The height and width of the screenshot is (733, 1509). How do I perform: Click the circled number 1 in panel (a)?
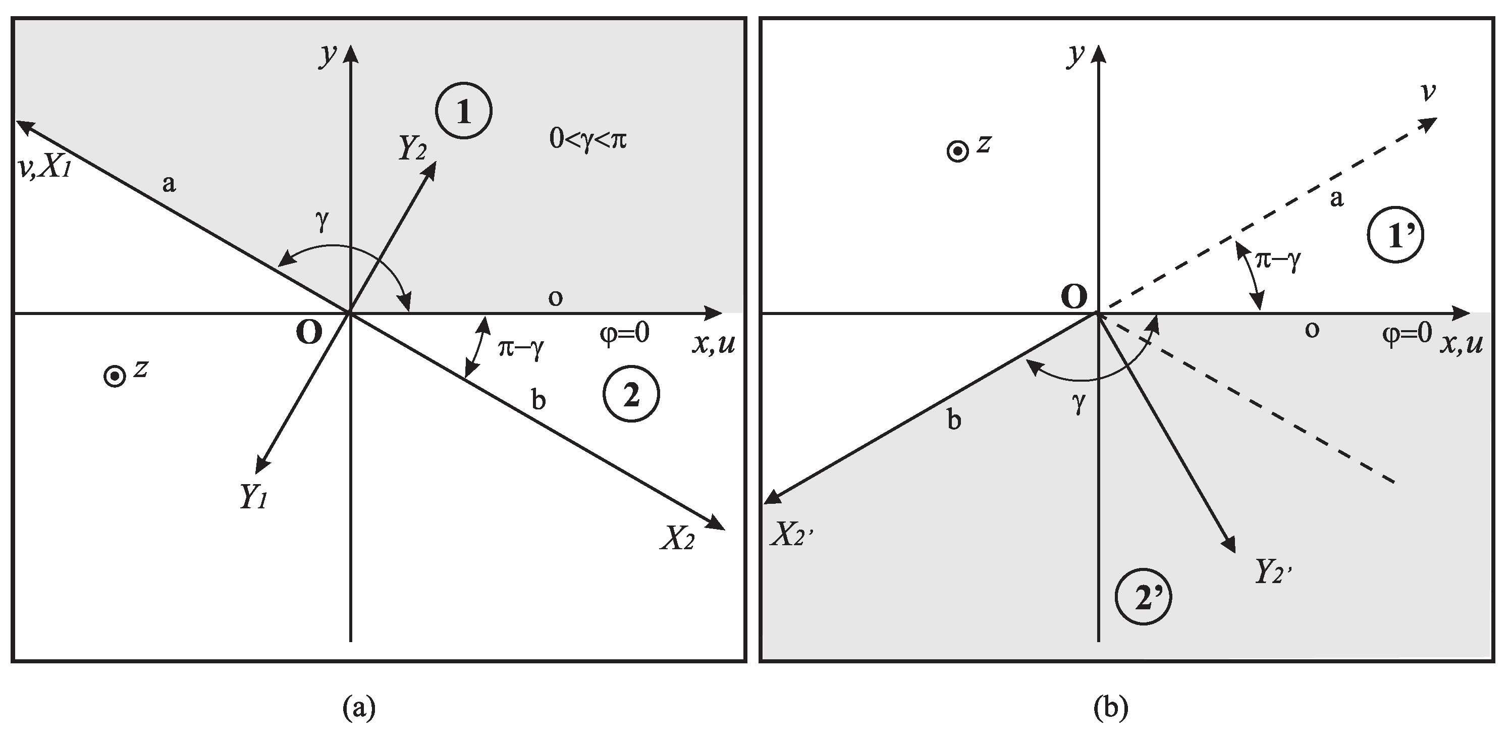click(x=463, y=112)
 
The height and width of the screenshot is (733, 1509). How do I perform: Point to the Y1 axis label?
click(x=253, y=497)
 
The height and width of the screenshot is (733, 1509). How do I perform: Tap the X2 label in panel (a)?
click(x=678, y=538)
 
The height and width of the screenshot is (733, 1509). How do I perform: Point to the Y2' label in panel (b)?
click(x=1273, y=572)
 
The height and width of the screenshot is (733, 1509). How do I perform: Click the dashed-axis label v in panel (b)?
click(x=1428, y=92)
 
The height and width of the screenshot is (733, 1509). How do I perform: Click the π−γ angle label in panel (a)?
click(x=521, y=349)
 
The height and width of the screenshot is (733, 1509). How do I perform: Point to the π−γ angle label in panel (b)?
click(x=1277, y=260)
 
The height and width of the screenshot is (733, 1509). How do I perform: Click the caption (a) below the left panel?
click(x=358, y=707)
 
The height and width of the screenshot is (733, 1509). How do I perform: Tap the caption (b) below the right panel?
click(x=1111, y=707)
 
